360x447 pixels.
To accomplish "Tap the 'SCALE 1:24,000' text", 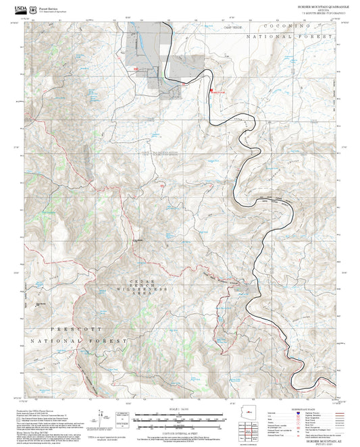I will [x=180, y=409].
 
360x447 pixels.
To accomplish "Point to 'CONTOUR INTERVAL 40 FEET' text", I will [x=180, y=427].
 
